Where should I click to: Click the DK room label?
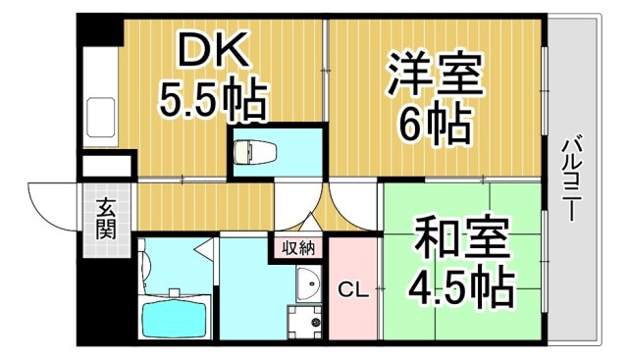(x=206, y=49)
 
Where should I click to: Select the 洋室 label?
(x=435, y=76)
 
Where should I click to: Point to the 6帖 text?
(x=434, y=125)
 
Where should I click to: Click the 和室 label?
(x=460, y=238)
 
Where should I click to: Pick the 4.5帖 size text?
(x=461, y=285)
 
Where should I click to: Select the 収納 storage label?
(x=298, y=247)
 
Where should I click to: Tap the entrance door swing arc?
(x=52, y=201)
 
